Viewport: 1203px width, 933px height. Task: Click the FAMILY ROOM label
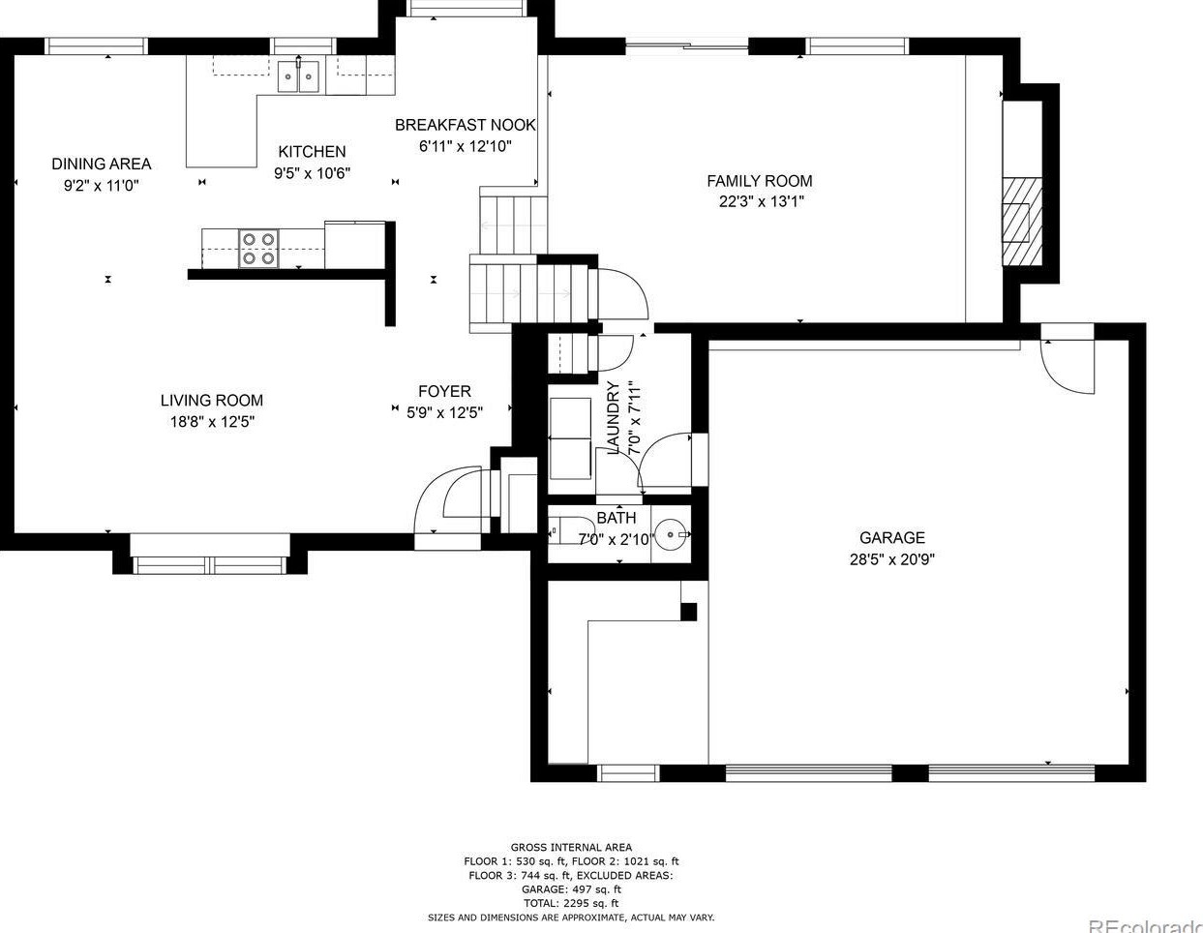(x=759, y=181)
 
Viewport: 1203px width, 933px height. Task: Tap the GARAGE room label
(x=891, y=538)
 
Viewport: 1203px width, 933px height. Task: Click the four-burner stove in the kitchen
(x=258, y=247)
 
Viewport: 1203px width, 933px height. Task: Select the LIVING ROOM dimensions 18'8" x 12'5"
(x=211, y=422)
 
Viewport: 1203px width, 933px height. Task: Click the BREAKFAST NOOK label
(x=465, y=125)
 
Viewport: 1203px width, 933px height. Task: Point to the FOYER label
(x=444, y=391)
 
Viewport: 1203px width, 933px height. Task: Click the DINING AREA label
(x=101, y=164)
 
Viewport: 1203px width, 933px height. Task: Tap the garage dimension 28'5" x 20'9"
(x=891, y=559)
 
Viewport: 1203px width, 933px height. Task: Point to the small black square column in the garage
(x=688, y=611)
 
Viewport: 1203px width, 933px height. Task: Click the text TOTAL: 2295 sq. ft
(x=571, y=902)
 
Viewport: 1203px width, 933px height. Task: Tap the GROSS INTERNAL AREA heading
(x=571, y=847)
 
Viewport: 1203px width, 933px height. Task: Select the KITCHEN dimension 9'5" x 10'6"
(x=311, y=173)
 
